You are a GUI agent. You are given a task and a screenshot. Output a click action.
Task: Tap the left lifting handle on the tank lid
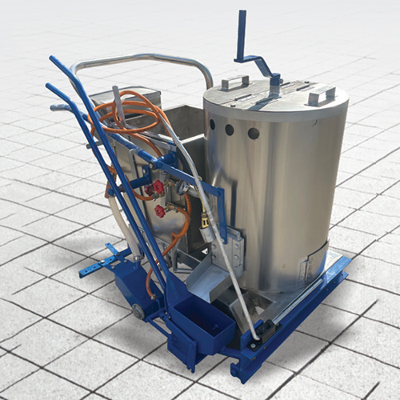pyautogui.click(x=234, y=82)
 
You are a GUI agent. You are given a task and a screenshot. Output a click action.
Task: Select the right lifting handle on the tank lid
pyautogui.click(x=322, y=95)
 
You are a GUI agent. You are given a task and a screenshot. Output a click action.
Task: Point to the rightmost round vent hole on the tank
pyautogui.click(x=254, y=134)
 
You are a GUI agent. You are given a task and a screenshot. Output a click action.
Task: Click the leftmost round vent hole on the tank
pyautogui.click(x=213, y=125)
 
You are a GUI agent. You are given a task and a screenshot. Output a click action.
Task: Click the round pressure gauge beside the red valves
pyautogui.click(x=183, y=188)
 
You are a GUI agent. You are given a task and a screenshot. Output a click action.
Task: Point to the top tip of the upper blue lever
pyautogui.click(x=54, y=59)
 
